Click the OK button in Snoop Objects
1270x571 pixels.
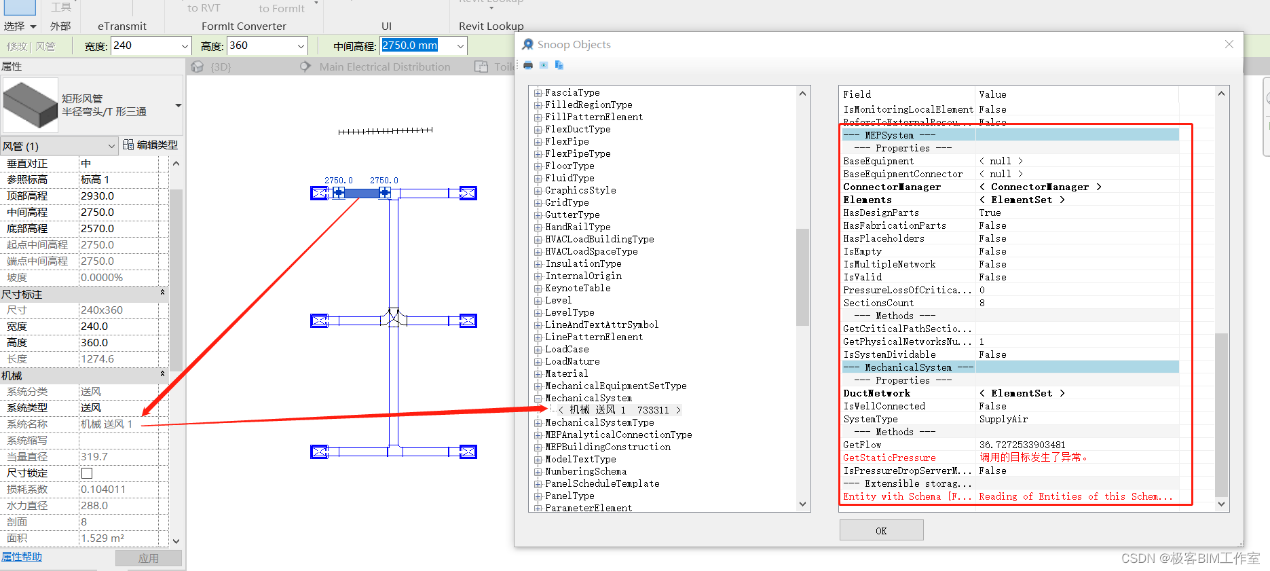coord(881,530)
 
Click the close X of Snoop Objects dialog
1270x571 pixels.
coord(1229,44)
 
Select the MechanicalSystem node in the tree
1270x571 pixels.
coord(588,398)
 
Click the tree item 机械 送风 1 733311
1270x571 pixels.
coord(618,410)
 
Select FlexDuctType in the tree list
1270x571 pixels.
coord(578,129)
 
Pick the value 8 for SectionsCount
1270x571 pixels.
coord(982,303)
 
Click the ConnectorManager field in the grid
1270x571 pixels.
coord(892,187)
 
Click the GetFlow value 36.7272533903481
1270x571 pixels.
coord(1022,445)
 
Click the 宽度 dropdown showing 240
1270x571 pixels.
coord(151,45)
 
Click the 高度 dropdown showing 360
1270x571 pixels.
coord(267,45)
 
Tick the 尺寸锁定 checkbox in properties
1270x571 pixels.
coord(87,473)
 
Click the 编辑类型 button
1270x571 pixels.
coord(150,145)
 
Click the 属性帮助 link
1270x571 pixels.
coord(22,556)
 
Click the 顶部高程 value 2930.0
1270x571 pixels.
coord(97,196)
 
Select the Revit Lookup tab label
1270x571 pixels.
coord(491,26)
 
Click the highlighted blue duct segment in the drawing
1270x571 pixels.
coord(361,194)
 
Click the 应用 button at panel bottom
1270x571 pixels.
coord(148,558)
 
